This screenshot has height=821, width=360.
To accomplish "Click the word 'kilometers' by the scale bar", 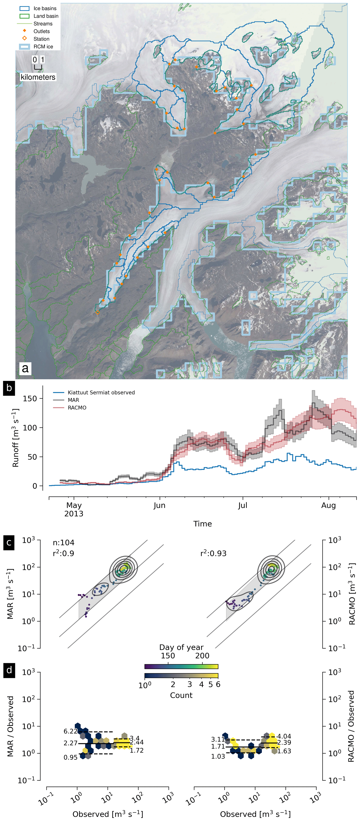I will [x=38, y=77].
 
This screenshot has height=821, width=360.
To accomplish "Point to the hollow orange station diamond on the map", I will [x=98, y=313].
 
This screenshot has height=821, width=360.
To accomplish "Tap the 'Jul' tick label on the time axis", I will [x=243, y=506].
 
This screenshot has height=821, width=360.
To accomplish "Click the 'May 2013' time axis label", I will [x=74, y=509].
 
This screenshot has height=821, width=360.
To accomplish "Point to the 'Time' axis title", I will [x=203, y=524].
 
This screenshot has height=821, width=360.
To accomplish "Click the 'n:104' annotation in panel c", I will [x=63, y=543].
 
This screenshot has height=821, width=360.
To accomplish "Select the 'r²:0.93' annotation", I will [x=213, y=554].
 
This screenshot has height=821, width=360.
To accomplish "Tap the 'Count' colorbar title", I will [x=181, y=695].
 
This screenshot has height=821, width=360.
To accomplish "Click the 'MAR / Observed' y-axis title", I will [x=10, y=726].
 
